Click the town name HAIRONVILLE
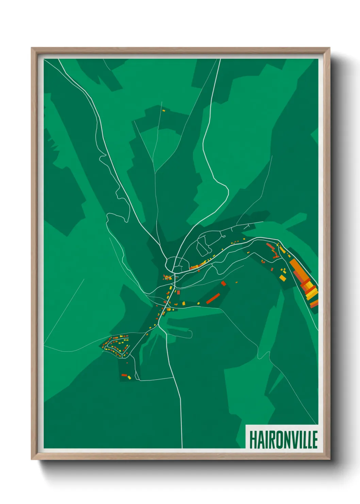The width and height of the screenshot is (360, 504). (x=283, y=440)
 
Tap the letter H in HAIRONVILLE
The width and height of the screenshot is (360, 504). (x=253, y=440)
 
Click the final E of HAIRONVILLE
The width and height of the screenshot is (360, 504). (x=315, y=440)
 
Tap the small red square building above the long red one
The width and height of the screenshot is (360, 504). (x=224, y=283)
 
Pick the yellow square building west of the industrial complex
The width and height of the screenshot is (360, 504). (x=282, y=278)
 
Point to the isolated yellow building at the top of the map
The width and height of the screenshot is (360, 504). (x=164, y=110)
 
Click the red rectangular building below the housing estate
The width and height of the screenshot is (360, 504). (x=124, y=375)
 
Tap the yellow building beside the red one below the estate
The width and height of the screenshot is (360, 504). (x=129, y=377)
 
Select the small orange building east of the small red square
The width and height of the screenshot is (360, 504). (x=236, y=282)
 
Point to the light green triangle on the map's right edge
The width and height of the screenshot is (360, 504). (x=314, y=136)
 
